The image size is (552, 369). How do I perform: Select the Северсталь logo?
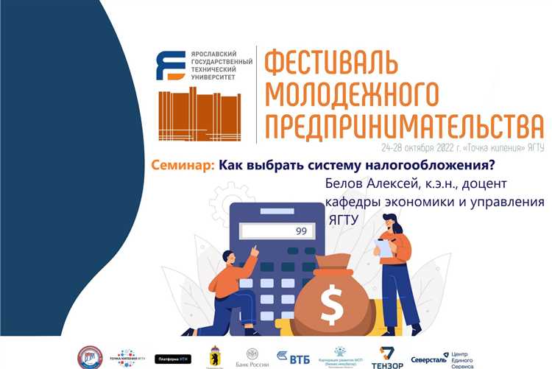click(x=429, y=357)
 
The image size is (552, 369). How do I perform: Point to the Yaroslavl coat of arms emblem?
click(x=216, y=356)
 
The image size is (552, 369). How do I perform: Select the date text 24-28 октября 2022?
click(x=420, y=147)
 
